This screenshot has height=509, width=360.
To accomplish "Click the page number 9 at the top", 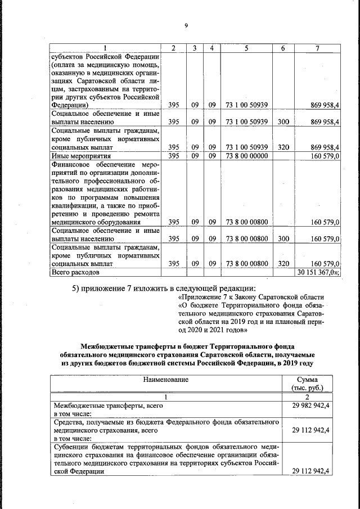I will coord(185,25).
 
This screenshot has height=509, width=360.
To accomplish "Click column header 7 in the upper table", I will coord(318,48).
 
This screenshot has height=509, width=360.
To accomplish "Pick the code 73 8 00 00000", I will coord(246,156).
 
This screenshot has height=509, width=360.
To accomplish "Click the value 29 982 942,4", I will coord(310,406).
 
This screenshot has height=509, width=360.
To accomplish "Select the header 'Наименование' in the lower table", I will coord(166,380).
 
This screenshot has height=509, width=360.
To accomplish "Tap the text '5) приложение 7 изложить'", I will coord(121,289).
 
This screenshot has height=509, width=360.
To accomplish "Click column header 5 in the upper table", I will coord(246,48).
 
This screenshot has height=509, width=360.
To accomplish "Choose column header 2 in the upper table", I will coord(174,48).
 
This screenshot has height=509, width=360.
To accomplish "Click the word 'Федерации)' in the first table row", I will coord(69,105).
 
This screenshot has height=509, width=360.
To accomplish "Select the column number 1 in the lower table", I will coord(165,397).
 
